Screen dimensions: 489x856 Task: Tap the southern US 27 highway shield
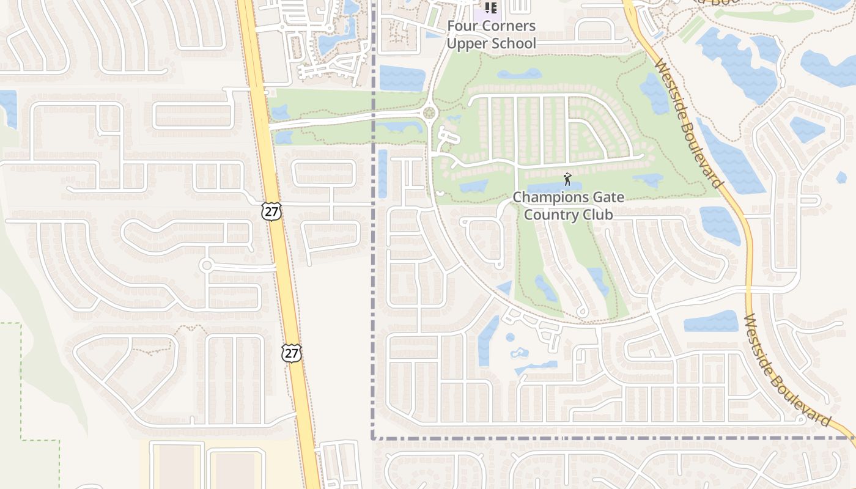coord(292,352)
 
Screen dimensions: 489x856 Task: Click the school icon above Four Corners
coord(490,7)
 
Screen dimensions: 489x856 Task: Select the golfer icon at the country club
coord(567,179)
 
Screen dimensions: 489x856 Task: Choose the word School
coord(515,43)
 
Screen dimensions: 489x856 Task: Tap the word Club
coord(597,215)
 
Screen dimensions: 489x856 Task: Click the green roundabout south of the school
coord(429,112)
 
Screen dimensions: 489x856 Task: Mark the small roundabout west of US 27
coord(206,265)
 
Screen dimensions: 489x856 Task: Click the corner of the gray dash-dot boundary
coord(373,438)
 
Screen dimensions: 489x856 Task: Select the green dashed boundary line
coord(21,379)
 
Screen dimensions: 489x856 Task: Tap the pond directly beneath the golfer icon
coord(553,186)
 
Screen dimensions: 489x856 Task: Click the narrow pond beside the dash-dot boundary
coord(383,174)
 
